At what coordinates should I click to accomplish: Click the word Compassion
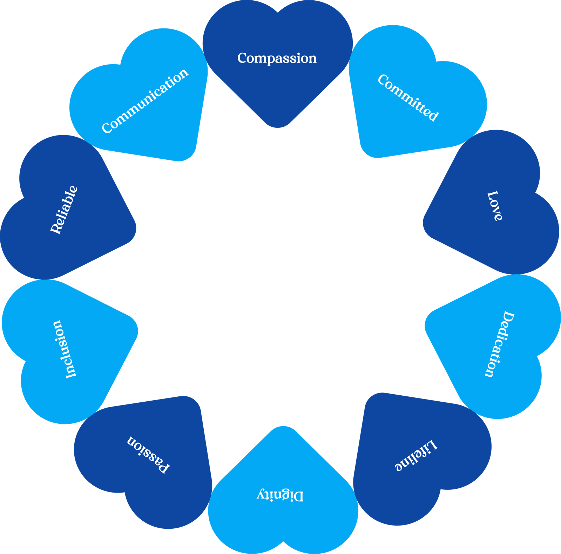click(x=277, y=58)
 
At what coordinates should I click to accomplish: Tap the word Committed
click(x=408, y=98)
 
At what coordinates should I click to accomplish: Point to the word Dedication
click(x=499, y=344)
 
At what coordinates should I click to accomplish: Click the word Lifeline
click(x=416, y=455)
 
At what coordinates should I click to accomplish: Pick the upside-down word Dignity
click(x=280, y=495)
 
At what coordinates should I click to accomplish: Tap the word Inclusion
click(x=65, y=349)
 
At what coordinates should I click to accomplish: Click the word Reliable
click(x=64, y=210)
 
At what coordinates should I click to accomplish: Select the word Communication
click(x=145, y=101)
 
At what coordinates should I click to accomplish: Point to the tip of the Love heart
click(x=424, y=224)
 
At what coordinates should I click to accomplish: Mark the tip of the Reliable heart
click(x=136, y=228)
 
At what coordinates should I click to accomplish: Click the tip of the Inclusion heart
click(x=137, y=330)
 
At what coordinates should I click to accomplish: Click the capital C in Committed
click(x=383, y=79)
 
